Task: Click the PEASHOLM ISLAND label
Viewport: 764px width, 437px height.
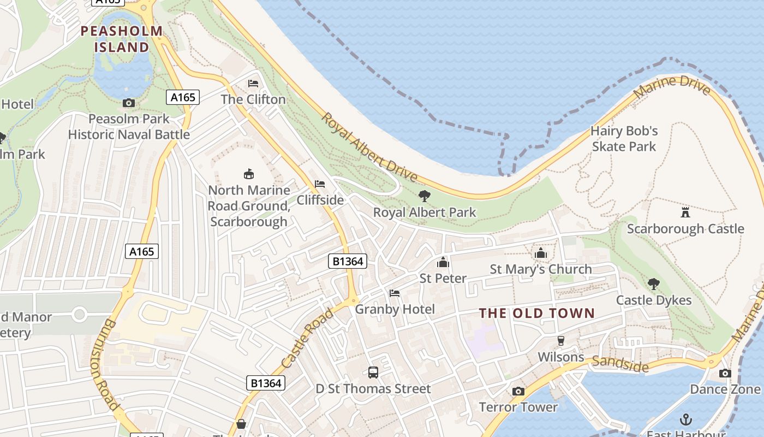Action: coord(121,39)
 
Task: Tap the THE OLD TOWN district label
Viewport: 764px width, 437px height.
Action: coord(536,313)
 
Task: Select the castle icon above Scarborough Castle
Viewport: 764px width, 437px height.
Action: coord(685,212)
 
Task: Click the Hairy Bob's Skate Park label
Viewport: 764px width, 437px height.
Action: coord(624,139)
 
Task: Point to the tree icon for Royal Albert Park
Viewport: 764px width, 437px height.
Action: coord(424,196)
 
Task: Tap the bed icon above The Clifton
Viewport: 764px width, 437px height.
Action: coord(253,83)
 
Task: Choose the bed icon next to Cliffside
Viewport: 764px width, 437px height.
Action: coord(320,184)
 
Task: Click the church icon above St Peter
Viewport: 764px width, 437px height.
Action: coord(443,262)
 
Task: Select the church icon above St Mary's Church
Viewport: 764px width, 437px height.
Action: coord(541,253)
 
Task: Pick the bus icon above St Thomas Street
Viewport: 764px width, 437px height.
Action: coord(373,373)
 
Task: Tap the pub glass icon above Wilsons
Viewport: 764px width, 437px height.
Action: coord(560,341)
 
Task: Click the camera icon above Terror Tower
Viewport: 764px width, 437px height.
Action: coord(518,391)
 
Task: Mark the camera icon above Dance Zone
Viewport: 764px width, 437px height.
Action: coord(725,373)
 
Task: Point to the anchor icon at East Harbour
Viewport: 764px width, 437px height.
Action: coord(686,419)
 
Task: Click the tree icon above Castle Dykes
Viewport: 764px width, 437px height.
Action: coord(654,284)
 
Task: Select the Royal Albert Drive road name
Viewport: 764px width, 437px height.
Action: coord(369,147)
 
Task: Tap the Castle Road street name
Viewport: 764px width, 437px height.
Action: coord(307,338)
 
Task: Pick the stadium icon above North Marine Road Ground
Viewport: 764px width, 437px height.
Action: coord(249,174)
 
